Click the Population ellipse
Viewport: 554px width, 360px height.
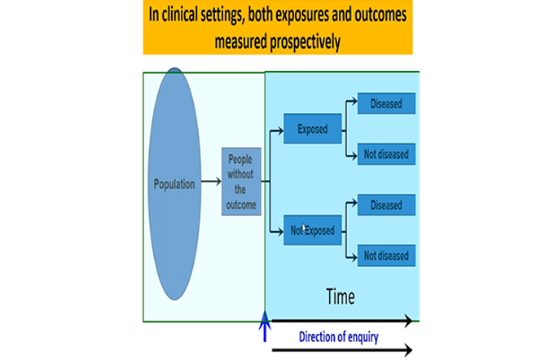tap(174, 184)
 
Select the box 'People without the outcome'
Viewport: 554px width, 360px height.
tap(241, 182)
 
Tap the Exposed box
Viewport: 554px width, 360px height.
tap(313, 129)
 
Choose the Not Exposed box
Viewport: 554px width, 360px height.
tap(313, 230)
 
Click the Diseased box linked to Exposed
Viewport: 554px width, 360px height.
tap(386, 103)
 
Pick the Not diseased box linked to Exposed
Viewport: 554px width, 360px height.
tap(386, 154)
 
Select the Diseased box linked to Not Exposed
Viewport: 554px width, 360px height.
tap(386, 205)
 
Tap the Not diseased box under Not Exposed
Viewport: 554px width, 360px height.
tap(386, 256)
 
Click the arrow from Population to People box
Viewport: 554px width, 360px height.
tap(211, 182)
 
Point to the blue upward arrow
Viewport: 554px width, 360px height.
tap(265, 326)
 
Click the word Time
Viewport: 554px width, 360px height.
tap(341, 296)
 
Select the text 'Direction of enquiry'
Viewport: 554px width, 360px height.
tap(338, 337)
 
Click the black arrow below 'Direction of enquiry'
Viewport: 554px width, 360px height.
tap(342, 350)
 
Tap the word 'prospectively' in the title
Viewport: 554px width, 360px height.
tap(305, 42)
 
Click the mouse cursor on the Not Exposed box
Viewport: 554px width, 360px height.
tap(304, 228)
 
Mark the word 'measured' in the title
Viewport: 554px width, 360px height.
tap(240, 42)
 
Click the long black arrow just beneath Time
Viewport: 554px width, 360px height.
tap(342, 320)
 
